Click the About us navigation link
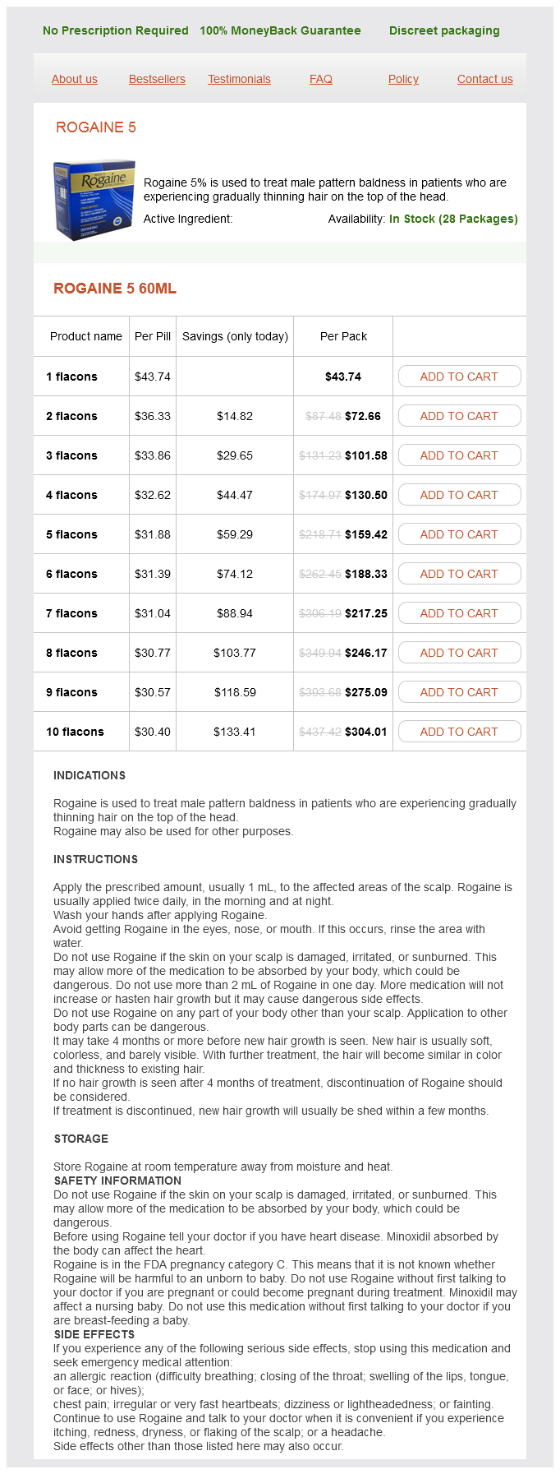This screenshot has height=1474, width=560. (x=74, y=79)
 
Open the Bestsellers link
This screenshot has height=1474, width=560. (x=157, y=79)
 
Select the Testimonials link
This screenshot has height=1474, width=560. (x=239, y=79)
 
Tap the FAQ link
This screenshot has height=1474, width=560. (x=321, y=79)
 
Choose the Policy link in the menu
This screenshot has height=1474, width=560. (x=403, y=79)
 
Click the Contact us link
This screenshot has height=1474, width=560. (x=484, y=79)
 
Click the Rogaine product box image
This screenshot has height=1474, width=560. (x=94, y=200)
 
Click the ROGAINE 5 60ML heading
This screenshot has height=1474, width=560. (x=115, y=289)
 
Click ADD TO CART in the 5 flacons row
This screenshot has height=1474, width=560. (x=459, y=534)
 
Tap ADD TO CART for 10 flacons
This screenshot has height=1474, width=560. (x=459, y=732)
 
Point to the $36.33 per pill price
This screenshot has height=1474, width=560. (x=153, y=416)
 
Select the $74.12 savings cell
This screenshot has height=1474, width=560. (x=235, y=574)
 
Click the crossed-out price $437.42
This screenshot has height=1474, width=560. (x=320, y=732)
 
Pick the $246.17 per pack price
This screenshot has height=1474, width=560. (x=366, y=653)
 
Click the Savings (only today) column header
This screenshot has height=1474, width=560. (x=235, y=336)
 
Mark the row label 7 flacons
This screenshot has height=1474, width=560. (x=71, y=613)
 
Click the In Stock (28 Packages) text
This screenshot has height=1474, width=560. (x=453, y=219)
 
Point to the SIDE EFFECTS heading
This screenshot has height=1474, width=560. (x=94, y=1334)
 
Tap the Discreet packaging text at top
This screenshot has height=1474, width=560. (x=444, y=30)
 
